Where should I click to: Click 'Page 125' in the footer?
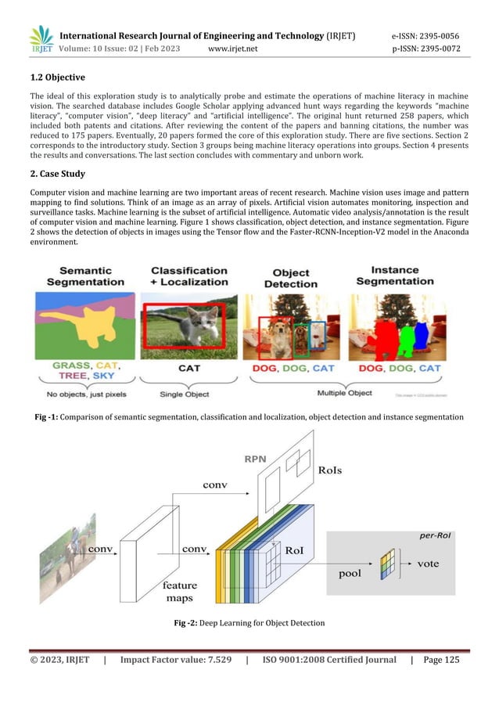(x=441, y=660)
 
